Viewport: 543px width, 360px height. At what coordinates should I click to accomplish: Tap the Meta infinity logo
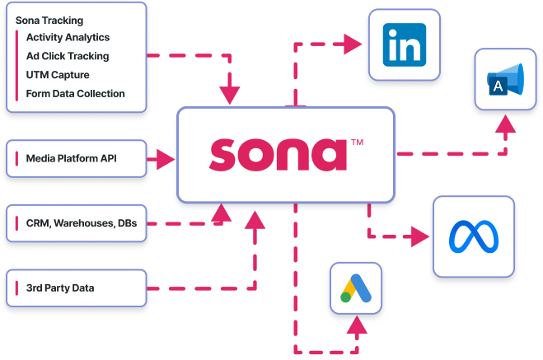coord(474,236)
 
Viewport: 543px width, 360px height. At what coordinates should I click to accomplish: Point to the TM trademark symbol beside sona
coord(357,143)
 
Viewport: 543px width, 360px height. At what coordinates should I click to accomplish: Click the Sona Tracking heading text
coord(44,20)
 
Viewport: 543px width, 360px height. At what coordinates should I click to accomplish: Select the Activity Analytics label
coord(68,38)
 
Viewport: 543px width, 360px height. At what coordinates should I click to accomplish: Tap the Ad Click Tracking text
coord(68,56)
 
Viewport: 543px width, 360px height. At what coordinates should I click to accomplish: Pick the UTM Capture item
coord(58,75)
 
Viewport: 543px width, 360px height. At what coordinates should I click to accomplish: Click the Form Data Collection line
coord(75,93)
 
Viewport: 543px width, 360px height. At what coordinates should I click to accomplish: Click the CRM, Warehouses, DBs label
coord(81,223)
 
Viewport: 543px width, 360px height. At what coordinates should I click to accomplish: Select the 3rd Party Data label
coord(60,288)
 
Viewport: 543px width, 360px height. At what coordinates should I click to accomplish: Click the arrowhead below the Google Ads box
coord(357,327)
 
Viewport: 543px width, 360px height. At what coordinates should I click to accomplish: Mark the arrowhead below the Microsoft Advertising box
coord(505,127)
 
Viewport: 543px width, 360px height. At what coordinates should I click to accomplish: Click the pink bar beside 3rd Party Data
coord(16,288)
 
